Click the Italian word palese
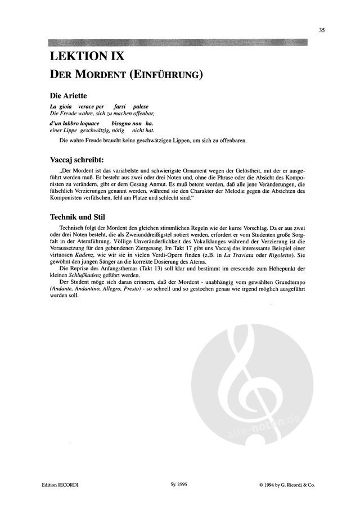142,106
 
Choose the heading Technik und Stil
75,216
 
